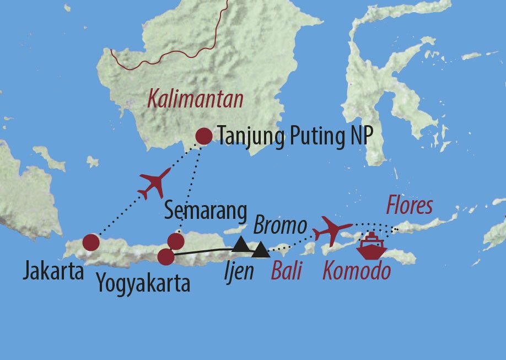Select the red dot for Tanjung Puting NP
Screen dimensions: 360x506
(x=204, y=136)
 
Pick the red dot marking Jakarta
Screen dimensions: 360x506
(x=91, y=243)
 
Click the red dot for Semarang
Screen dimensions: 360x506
(x=175, y=241)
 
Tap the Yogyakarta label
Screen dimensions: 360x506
(x=143, y=284)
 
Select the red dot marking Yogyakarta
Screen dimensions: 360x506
(x=165, y=257)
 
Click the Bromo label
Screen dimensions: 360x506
(x=279, y=225)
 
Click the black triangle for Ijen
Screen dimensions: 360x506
(x=261, y=252)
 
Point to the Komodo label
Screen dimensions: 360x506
(x=357, y=271)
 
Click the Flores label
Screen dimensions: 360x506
(x=409, y=206)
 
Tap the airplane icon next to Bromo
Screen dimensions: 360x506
(x=333, y=230)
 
